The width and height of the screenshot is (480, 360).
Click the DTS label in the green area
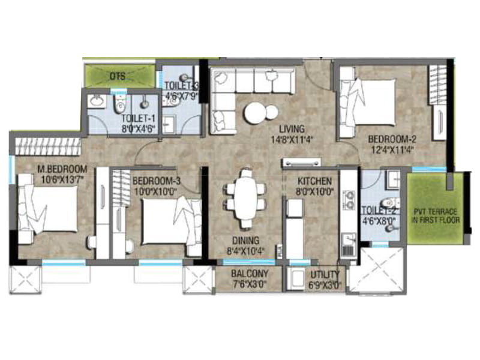117,76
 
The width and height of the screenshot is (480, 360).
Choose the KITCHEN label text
314,181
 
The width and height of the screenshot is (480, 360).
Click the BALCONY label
249,274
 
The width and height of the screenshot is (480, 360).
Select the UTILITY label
324,276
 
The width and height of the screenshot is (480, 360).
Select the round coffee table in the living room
257,112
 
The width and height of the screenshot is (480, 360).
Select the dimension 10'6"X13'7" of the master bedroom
53,178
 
